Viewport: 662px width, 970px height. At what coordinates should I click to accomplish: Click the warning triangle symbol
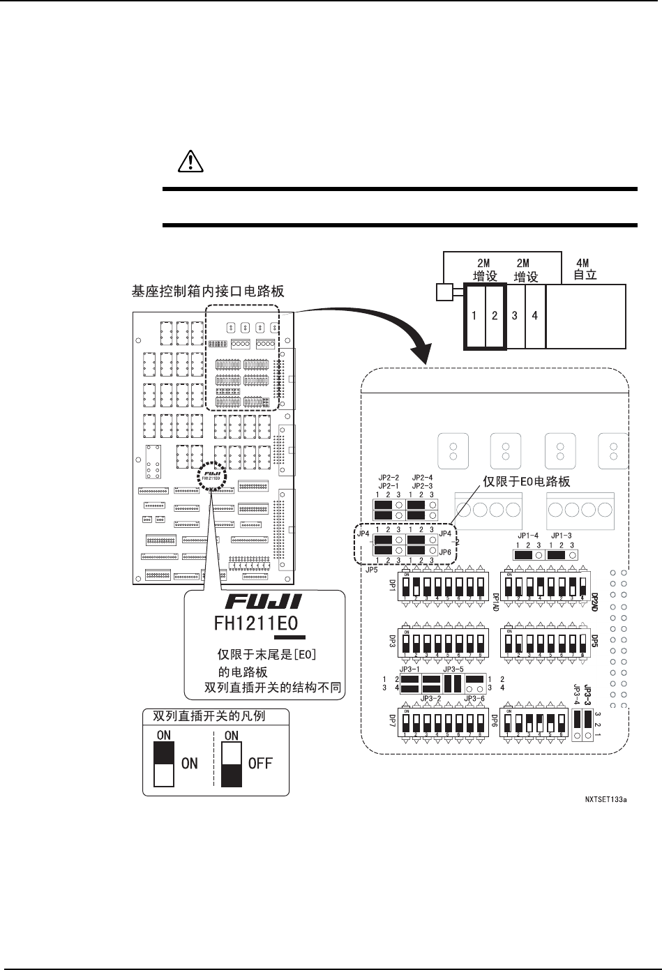point(186,162)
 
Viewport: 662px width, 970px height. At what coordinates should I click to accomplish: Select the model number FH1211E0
point(258,622)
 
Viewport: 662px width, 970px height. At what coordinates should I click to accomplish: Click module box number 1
point(474,316)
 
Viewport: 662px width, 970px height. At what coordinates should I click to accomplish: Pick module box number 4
point(535,316)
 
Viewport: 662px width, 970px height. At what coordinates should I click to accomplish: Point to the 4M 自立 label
point(585,269)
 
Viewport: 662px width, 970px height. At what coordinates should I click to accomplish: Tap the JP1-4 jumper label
point(527,536)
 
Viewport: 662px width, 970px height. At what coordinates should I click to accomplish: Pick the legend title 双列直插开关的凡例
point(209,715)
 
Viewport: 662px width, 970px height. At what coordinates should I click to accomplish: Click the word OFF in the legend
point(260,763)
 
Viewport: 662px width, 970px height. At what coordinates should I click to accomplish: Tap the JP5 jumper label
point(363,568)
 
